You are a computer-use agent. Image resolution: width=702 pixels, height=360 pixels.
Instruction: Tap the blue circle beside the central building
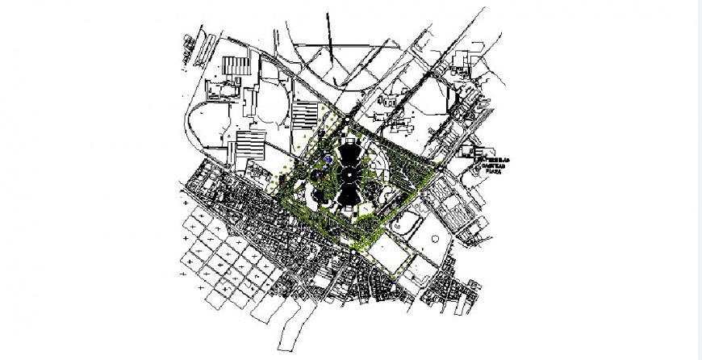[x=329, y=161]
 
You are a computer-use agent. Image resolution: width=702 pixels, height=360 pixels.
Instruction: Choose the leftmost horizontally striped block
[x=250, y=145]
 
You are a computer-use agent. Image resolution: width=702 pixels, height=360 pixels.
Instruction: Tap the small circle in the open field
[x=437, y=238]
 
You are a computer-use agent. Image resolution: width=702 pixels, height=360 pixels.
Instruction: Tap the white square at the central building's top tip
[x=349, y=139]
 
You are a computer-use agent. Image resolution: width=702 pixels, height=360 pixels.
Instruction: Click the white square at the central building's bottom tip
[x=349, y=208]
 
